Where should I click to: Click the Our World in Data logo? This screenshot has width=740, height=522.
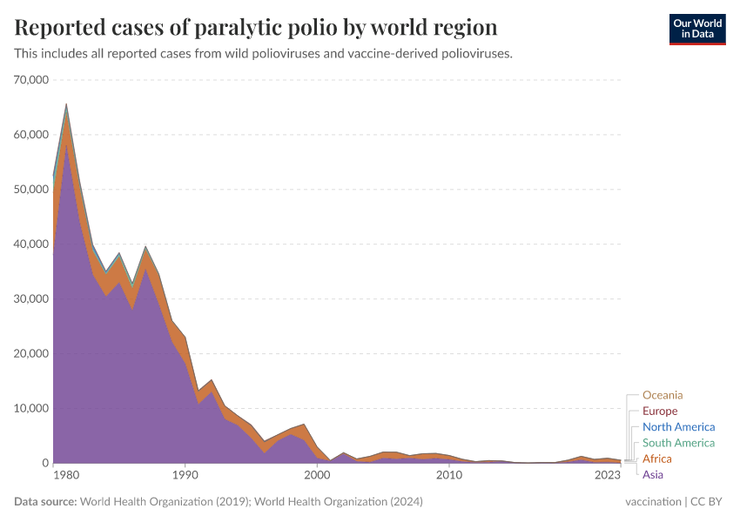point(696,28)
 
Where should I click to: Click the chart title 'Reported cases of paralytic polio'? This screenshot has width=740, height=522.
point(256,28)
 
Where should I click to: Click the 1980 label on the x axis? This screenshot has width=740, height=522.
point(65,476)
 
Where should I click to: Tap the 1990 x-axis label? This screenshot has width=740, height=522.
point(185,476)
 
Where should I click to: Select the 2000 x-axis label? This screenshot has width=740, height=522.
point(317,476)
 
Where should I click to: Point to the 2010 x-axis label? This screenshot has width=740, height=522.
point(449,476)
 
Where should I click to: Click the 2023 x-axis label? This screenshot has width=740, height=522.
point(608,476)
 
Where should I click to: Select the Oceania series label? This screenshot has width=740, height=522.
point(663,395)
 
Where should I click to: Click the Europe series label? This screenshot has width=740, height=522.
point(659,411)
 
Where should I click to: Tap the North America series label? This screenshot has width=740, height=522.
point(678,427)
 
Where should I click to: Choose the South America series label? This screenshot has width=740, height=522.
point(678,443)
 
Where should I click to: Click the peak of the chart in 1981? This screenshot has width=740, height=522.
point(66,104)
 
